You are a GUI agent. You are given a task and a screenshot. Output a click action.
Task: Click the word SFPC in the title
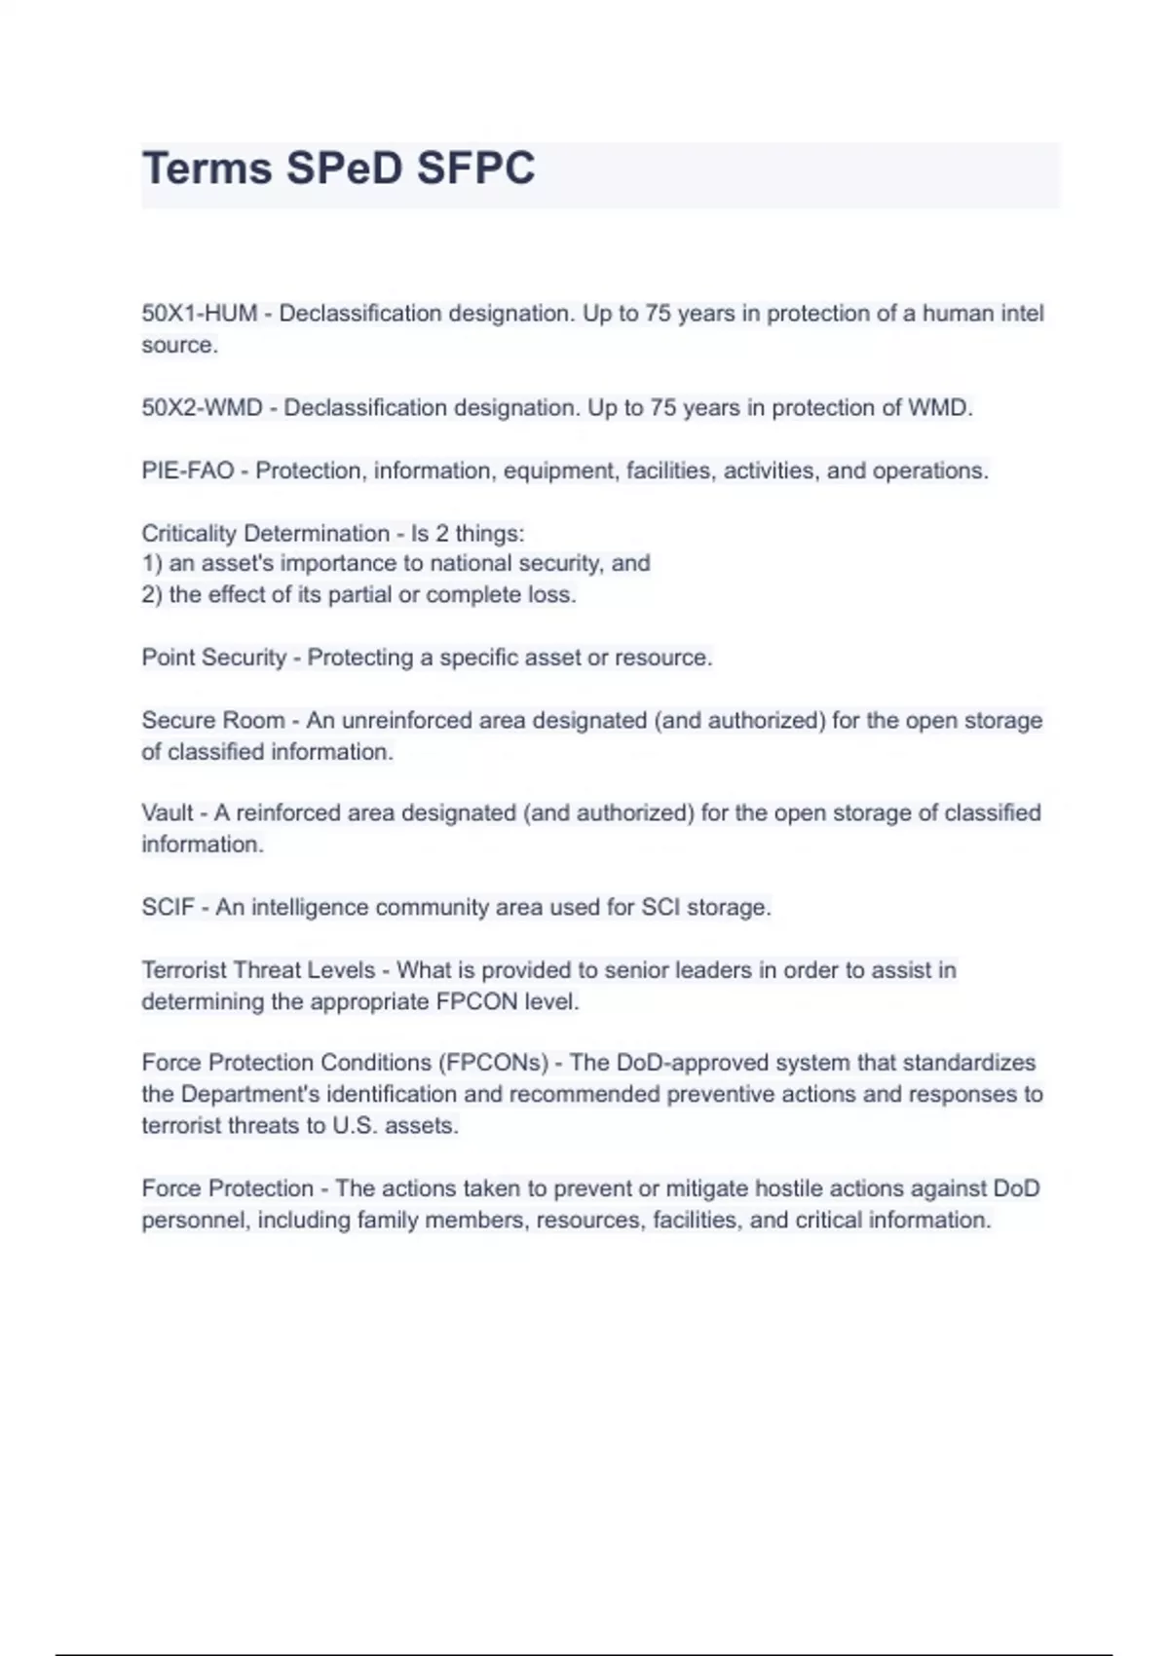475,169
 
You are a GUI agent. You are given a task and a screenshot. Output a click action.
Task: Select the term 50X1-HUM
200,314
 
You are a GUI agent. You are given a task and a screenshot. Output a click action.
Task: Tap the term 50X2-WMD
202,407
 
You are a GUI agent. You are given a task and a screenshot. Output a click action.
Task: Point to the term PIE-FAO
188,470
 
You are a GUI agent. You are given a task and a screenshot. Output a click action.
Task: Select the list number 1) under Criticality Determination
152,563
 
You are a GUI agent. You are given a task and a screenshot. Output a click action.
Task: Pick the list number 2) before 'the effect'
152,595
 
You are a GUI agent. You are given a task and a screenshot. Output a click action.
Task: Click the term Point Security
214,658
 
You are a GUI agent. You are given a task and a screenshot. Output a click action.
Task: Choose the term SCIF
168,908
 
